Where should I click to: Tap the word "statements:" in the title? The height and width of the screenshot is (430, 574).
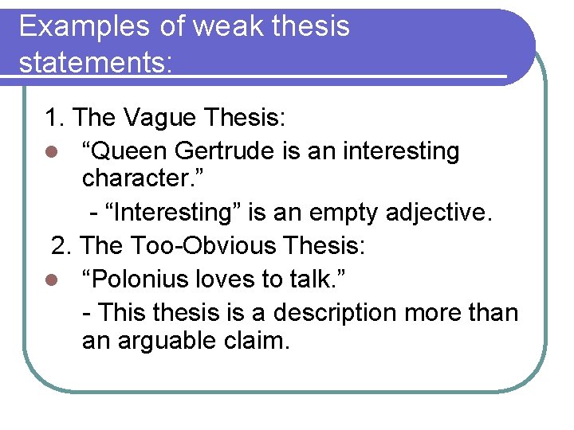[96, 62]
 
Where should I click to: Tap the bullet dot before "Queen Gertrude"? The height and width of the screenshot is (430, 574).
[49, 152]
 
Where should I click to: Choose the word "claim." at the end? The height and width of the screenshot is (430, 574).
[257, 341]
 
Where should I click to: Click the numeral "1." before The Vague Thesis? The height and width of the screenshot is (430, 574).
[55, 119]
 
